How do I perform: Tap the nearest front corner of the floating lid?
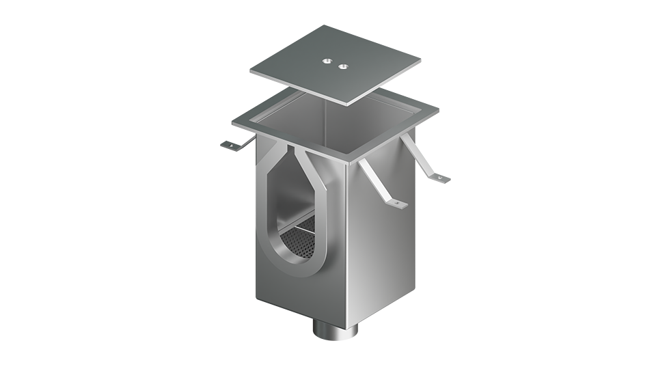pos(347,104)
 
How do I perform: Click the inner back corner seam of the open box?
pos(326,120)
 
